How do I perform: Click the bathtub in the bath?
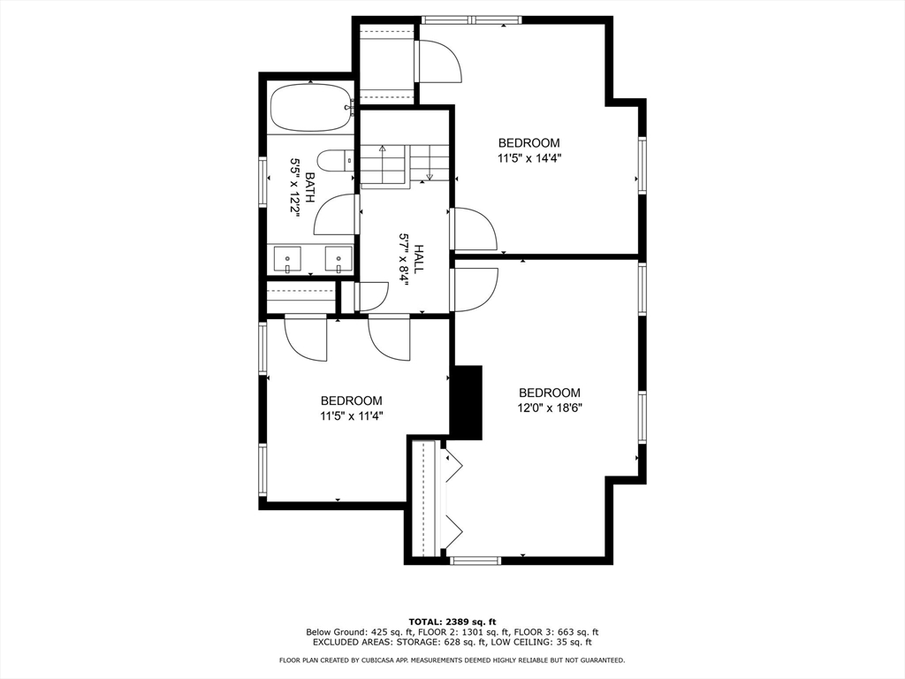coord(310,109)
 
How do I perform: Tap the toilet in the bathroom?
coord(336,161)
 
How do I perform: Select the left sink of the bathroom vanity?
coord(287,258)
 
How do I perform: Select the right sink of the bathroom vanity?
coord(338,258)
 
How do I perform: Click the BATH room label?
coord(310,187)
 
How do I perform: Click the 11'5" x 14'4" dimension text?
coord(529,157)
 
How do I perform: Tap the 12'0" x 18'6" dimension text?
coord(550,408)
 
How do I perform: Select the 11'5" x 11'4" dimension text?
coord(352,416)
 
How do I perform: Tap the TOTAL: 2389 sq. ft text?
coord(452,622)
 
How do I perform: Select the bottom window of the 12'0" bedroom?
coord(475,560)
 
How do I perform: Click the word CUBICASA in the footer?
coord(379,660)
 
